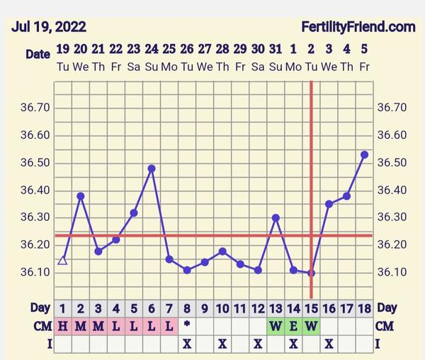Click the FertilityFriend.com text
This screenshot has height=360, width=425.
[x=358, y=28]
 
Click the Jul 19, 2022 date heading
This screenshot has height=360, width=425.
[x=49, y=28]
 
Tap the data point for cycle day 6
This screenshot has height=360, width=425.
[x=152, y=169]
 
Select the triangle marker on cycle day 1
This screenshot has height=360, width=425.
[x=62, y=260]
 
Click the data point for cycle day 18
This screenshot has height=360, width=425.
[x=364, y=154]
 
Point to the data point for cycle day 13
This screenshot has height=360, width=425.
[x=276, y=218]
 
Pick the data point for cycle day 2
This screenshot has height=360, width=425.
[x=81, y=196]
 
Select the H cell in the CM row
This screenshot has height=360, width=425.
[x=62, y=327]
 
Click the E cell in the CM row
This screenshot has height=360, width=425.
[x=293, y=327]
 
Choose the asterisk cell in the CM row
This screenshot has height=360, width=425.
[x=187, y=325]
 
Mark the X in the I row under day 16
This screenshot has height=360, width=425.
[x=329, y=344]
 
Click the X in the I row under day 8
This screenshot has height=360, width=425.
[x=187, y=344]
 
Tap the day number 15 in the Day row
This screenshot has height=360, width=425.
[x=311, y=308]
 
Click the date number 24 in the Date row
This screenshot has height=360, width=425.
[x=152, y=50]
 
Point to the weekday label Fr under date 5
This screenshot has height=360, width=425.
[x=364, y=66]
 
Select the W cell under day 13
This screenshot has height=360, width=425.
[x=276, y=327]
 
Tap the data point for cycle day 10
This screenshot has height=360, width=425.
[x=222, y=251]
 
